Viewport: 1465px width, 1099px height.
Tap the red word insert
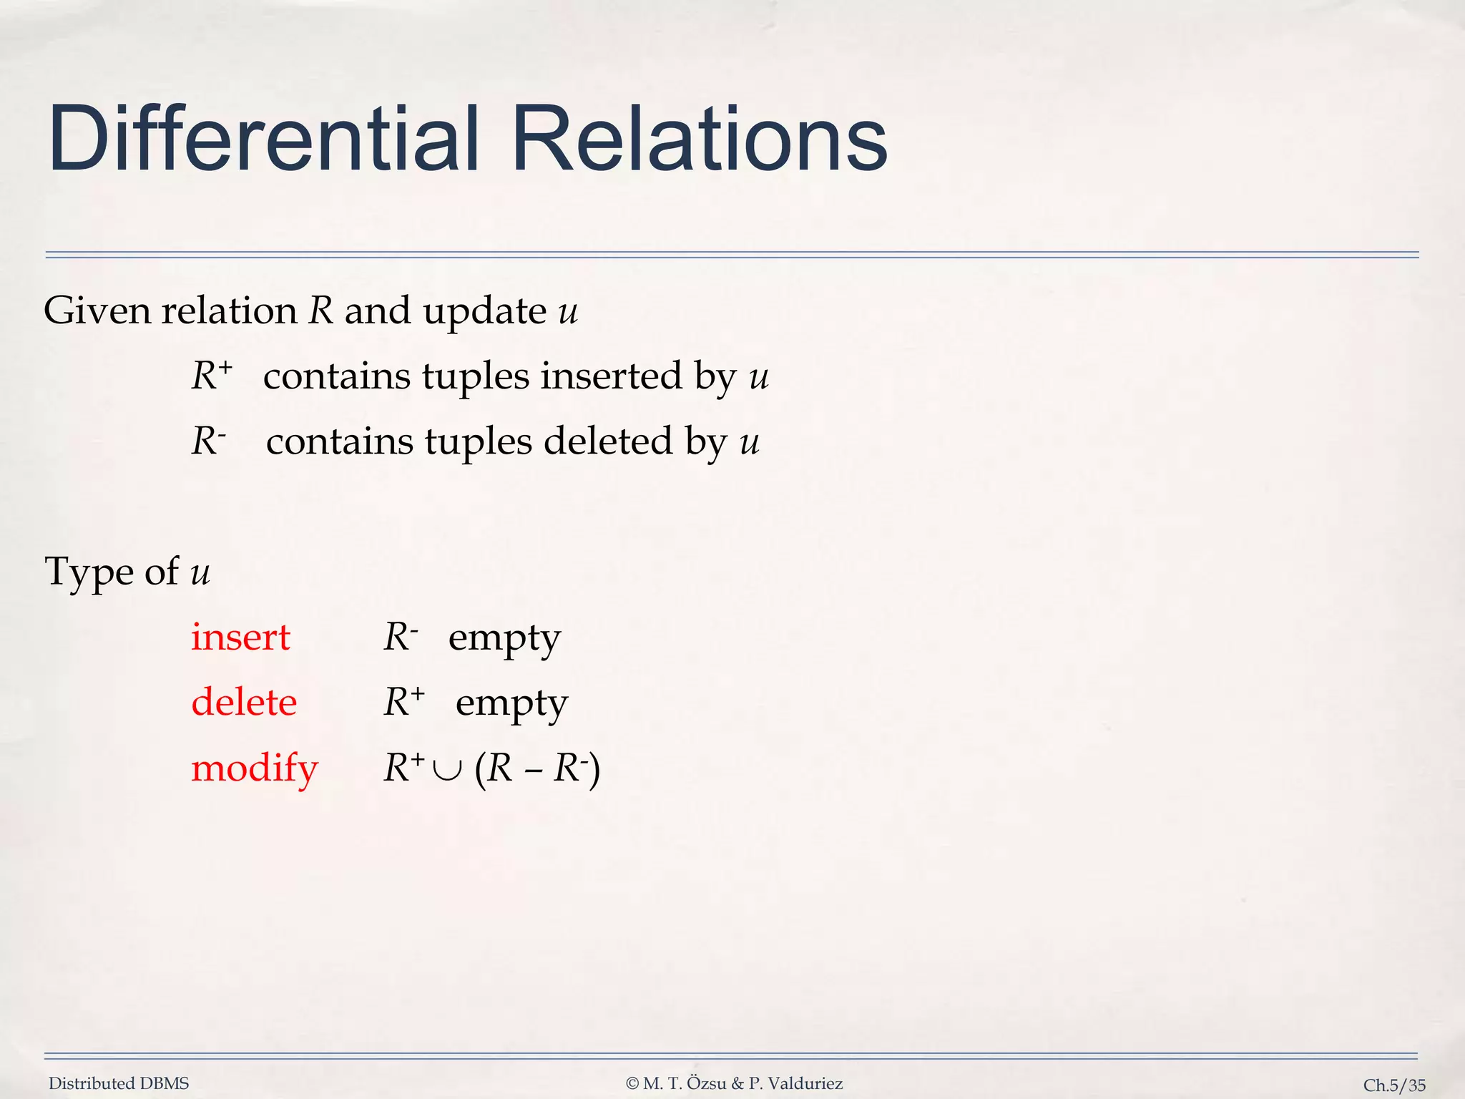240,637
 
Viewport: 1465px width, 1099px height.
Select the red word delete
244,702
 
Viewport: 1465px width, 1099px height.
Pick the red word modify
254,768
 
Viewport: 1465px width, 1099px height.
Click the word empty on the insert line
504,638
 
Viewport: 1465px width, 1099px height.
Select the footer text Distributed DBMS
119,1083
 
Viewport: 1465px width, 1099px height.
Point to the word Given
97,311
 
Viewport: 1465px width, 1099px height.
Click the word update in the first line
484,312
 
